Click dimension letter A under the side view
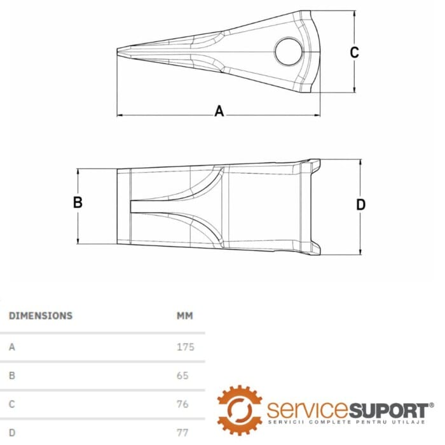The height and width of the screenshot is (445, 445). click(219, 111)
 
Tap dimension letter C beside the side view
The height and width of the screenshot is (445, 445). click(355, 52)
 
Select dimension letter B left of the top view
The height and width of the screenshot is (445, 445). click(78, 203)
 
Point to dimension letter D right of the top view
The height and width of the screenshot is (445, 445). click(360, 205)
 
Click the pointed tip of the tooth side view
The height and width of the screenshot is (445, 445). click(119, 51)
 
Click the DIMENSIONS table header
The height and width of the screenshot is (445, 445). click(41, 315)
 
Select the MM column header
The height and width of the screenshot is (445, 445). click(184, 315)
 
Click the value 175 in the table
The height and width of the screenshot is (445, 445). click(185, 347)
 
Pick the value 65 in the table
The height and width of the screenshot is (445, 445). click(182, 376)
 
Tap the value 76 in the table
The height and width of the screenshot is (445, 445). click(183, 404)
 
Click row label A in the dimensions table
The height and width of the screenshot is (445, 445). click(12, 347)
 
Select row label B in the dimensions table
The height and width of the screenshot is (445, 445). click(12, 376)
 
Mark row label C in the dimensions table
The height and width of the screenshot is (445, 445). click(12, 404)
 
